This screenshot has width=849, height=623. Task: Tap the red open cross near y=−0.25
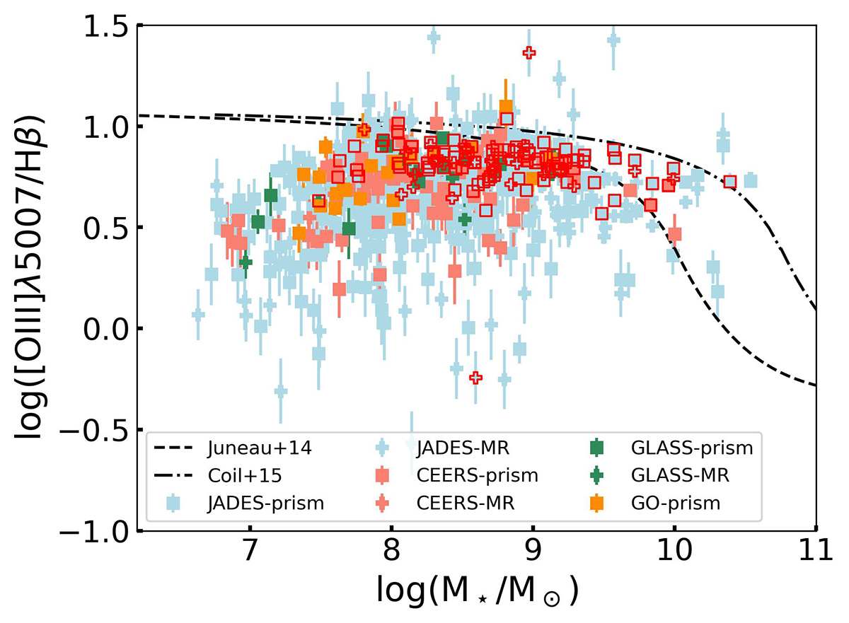coord(475,378)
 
